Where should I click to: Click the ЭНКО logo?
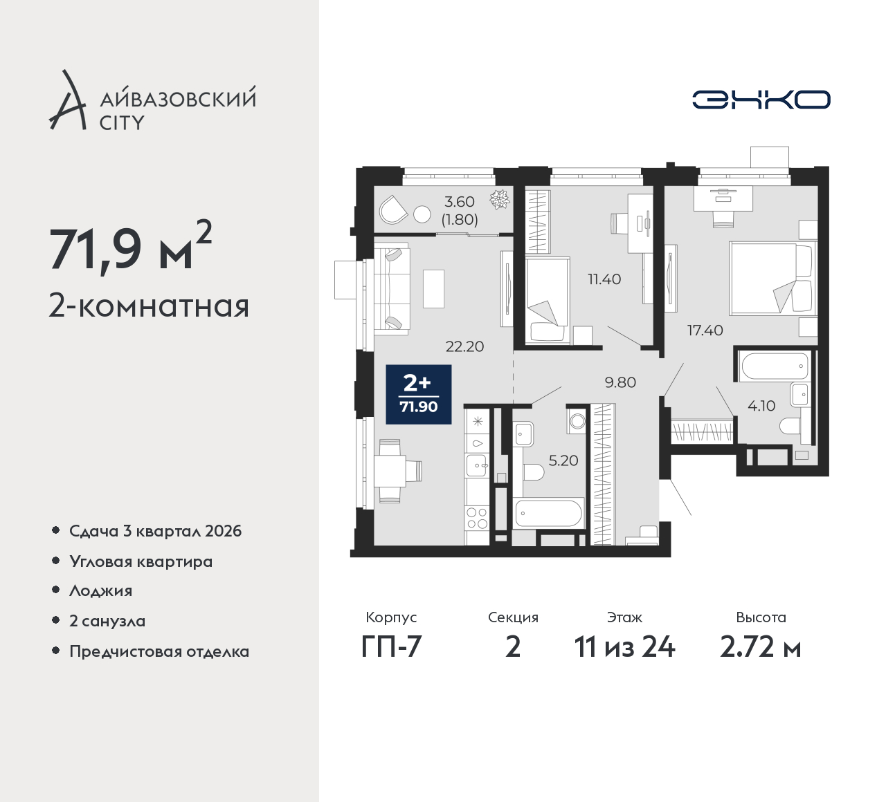761,100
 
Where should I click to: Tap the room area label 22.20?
464,347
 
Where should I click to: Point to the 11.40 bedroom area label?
604,279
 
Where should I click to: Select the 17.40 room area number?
705,330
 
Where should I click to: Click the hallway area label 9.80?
620,382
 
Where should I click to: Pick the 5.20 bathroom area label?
563,460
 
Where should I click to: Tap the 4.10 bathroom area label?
761,406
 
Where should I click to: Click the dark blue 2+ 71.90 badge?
419,394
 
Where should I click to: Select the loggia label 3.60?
460,202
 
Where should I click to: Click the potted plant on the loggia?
500,199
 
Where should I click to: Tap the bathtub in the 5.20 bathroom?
550,512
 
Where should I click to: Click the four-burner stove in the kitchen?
477,519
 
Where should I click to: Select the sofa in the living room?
392,288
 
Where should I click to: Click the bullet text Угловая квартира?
141,561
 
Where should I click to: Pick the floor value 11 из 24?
624,648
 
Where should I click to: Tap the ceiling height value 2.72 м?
761,648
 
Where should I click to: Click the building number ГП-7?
391,648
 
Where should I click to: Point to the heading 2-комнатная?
150,306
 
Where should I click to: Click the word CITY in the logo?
122,123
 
